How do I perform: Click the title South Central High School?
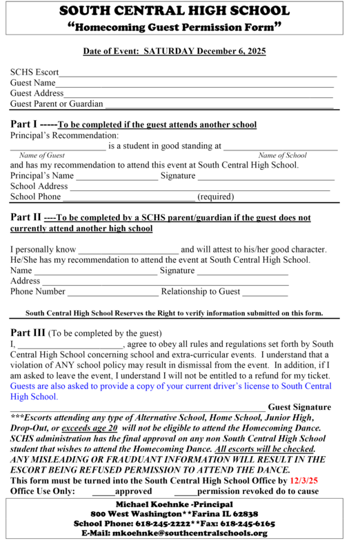click(179, 12)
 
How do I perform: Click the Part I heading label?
click(26, 124)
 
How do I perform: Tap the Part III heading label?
click(30, 332)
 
